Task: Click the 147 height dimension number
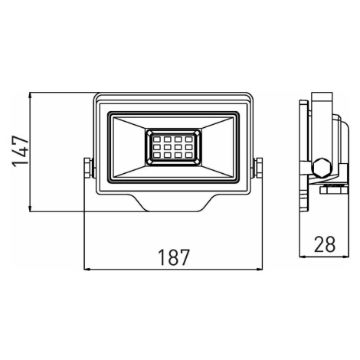pos(20,152)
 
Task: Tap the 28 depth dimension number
pos(325,244)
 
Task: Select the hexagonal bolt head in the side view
pos(322,168)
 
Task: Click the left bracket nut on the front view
pos(88,168)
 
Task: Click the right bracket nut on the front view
pos(259,168)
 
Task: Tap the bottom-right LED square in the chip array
pos(189,155)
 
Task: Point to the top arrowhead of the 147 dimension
pos(30,96)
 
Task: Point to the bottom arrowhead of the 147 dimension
pos(30,208)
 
